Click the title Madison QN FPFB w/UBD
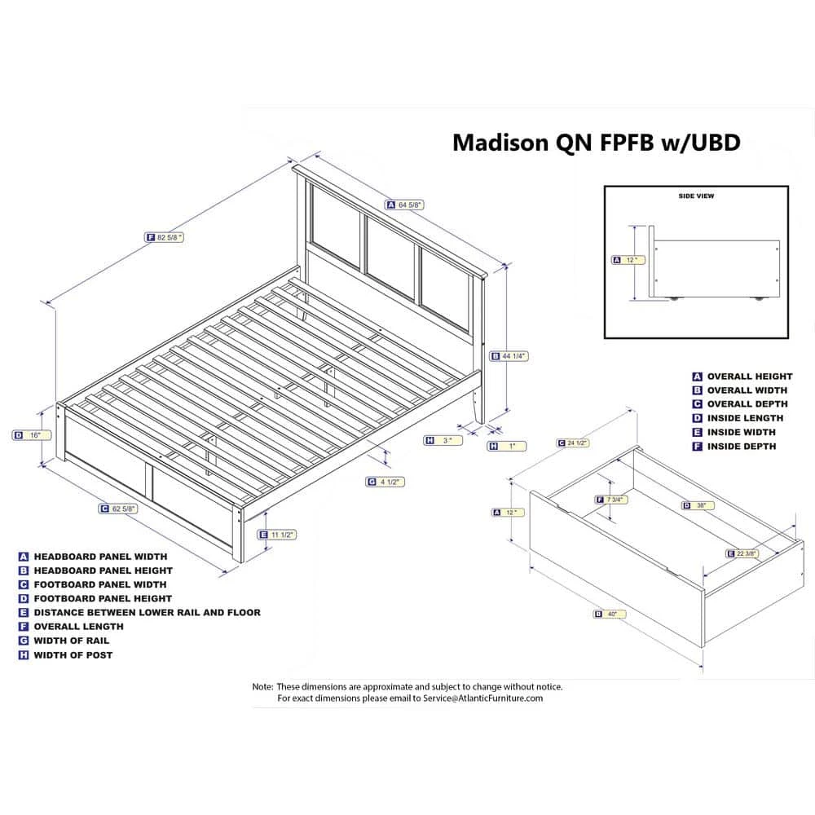pos(596,143)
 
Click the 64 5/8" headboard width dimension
pos(406,205)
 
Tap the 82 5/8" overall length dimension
pos(165,237)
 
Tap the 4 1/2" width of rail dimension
pos(385,482)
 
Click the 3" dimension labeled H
pos(443,440)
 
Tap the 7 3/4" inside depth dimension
pos(610,500)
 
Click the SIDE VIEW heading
pos(696,196)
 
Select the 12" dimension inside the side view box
pos(628,260)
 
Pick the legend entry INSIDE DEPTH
pos(741,447)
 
